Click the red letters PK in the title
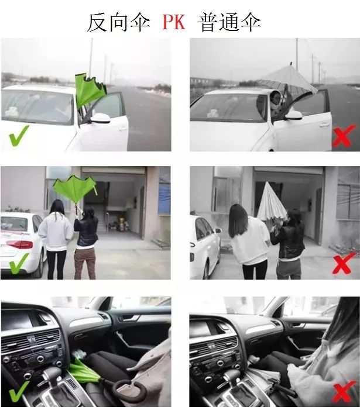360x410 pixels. pyautogui.click(x=174, y=22)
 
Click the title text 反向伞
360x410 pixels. pyautogui.click(x=118, y=22)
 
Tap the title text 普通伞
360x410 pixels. pyautogui.click(x=229, y=22)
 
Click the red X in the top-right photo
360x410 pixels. pyautogui.click(x=344, y=135)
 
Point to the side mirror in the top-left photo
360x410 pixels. pyautogui.click(x=101, y=118)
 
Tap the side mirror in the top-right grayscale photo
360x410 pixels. pyautogui.click(x=293, y=115)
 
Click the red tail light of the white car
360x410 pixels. pyautogui.click(x=19, y=244)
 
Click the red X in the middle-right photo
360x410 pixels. pyautogui.click(x=344, y=263)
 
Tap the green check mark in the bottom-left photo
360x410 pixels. pyautogui.click(x=18, y=391)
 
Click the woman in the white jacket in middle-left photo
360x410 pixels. pyautogui.click(x=56, y=239)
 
